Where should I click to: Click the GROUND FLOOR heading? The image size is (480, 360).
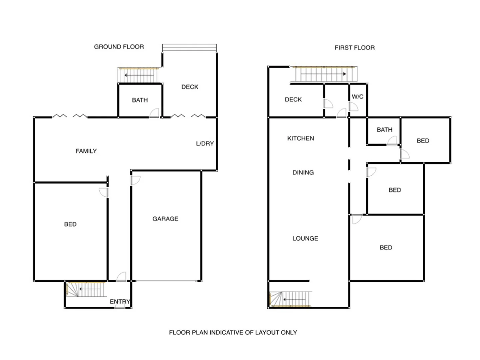click(x=119, y=47)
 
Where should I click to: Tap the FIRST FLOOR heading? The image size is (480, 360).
click(x=354, y=48)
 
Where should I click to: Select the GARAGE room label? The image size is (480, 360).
click(x=165, y=219)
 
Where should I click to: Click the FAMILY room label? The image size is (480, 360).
click(x=86, y=151)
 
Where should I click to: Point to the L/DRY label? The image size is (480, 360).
click(x=205, y=143)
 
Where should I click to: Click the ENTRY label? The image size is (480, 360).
click(x=120, y=301)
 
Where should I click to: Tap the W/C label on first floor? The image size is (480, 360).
click(x=357, y=97)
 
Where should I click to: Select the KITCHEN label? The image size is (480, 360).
click(x=300, y=138)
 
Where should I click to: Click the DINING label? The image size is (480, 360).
click(x=303, y=172)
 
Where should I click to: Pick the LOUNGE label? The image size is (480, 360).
click(x=305, y=238)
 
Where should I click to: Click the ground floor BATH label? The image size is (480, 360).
click(x=140, y=100)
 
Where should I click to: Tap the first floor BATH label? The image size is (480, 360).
click(x=384, y=130)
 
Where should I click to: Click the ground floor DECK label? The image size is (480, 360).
click(x=190, y=87)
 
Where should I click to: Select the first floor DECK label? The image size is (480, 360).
click(x=293, y=99)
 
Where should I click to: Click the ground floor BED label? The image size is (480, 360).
click(x=70, y=224)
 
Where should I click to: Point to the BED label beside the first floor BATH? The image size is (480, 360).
click(x=423, y=141)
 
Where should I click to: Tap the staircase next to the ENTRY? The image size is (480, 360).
click(x=85, y=290)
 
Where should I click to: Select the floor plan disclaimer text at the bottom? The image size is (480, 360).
click(x=233, y=332)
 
